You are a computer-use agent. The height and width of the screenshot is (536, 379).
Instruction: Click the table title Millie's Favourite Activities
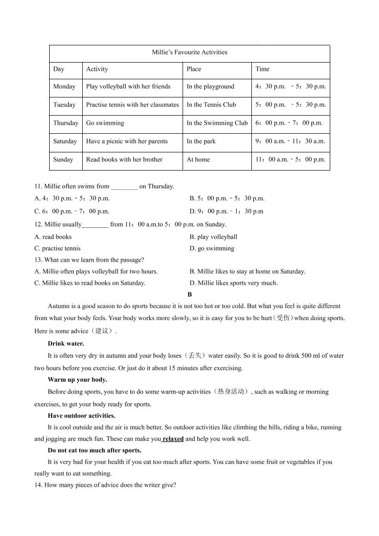[x=189, y=52]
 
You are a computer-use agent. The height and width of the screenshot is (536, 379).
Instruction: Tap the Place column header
[x=194, y=69]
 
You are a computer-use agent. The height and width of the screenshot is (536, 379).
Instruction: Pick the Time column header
[x=262, y=69]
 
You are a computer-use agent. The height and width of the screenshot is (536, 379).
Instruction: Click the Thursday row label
[x=65, y=123]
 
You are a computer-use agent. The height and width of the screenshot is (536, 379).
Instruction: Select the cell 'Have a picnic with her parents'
[x=127, y=141]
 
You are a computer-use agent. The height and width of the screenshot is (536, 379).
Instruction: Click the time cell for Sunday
[x=290, y=160]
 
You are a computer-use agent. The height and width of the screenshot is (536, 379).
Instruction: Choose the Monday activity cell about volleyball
[x=128, y=86]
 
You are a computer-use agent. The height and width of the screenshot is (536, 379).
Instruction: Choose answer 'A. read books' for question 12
[x=53, y=237]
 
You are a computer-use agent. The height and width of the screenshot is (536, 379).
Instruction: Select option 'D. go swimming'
[x=212, y=248]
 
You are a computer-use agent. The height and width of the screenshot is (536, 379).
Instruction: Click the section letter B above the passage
[x=190, y=295]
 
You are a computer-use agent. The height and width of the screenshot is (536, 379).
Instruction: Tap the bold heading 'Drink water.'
[x=65, y=343]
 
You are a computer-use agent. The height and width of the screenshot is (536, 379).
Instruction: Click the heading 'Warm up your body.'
[x=77, y=380]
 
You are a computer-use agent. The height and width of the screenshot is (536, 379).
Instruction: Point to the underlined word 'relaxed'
[x=173, y=439]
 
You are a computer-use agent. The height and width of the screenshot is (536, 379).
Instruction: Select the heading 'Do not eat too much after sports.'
[x=94, y=450]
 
